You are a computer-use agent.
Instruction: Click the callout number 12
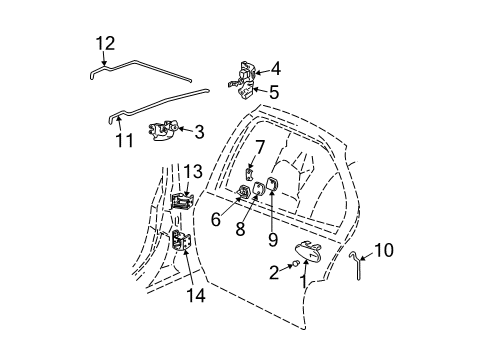[x=105, y=43]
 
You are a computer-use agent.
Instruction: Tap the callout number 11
[x=123, y=140]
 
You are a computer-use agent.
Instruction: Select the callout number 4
[x=274, y=69]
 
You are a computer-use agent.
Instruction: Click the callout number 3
[x=199, y=130]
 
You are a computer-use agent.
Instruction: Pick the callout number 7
[x=259, y=148]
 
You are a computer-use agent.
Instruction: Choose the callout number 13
[x=192, y=171]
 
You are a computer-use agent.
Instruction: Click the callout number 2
[x=272, y=271]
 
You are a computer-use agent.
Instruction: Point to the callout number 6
[x=215, y=218]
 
